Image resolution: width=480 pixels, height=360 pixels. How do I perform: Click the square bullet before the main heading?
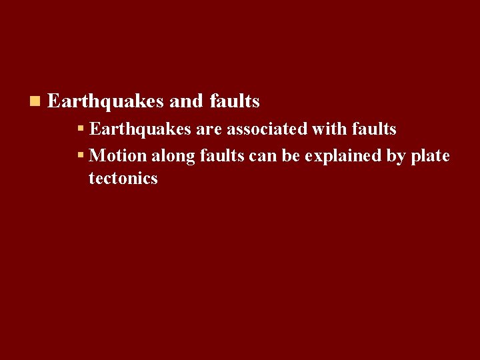point(35,101)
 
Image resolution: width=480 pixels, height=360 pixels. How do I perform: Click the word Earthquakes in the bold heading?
point(105,101)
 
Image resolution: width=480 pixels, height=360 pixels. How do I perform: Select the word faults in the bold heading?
point(235,101)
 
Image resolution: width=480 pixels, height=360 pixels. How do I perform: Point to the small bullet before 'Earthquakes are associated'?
point(81,127)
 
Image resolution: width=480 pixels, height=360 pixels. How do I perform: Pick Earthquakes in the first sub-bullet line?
point(140,128)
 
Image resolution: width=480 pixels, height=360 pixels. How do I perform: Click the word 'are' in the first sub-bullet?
point(208,128)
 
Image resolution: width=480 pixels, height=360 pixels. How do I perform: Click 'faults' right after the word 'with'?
point(373,128)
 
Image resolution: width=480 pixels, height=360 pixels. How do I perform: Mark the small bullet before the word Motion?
point(81,155)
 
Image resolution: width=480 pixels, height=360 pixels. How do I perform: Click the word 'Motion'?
point(117,155)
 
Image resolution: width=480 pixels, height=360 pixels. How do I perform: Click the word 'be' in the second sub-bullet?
point(291,155)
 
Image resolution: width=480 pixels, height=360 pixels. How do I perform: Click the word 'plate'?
point(431,156)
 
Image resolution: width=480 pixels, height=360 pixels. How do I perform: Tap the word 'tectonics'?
point(123,178)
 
